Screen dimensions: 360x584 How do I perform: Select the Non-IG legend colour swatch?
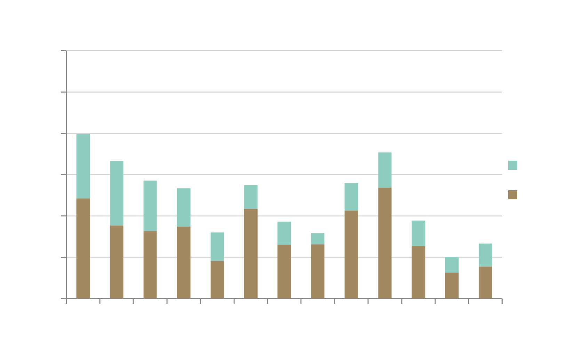tap(513, 165)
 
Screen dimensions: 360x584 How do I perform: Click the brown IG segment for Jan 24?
tap(83, 248)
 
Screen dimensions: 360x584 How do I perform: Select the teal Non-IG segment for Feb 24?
tap(117, 193)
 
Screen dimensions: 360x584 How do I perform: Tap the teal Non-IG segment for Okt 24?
tap(385, 170)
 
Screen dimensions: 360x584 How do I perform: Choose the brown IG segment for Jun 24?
tap(251, 254)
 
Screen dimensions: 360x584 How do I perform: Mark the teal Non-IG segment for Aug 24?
tap(318, 239)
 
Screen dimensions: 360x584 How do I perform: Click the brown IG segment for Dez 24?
tap(452, 285)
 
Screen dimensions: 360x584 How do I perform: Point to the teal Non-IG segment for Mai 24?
tap(217, 247)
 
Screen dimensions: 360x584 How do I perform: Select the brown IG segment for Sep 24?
tap(351, 254)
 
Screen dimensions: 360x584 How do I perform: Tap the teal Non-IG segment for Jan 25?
tap(485, 255)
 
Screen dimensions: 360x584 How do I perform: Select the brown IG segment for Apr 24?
tap(184, 262)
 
